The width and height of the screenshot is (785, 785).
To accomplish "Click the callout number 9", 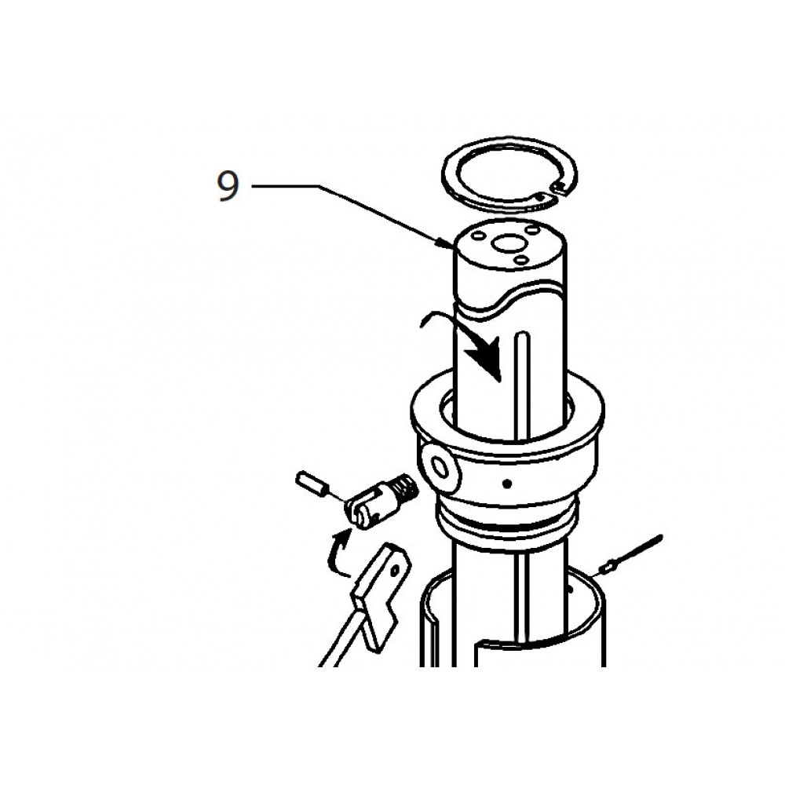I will (228, 187).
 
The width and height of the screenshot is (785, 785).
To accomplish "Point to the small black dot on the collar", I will (508, 481).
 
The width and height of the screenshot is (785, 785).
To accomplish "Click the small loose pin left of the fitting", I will (312, 484).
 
